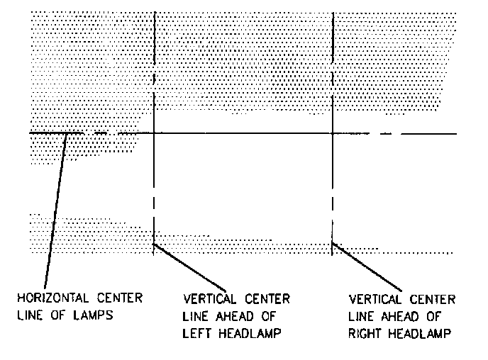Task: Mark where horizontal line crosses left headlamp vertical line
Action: [x=154, y=133]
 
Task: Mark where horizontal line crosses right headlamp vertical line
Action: [x=333, y=133]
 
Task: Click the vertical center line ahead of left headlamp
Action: [x=154, y=71]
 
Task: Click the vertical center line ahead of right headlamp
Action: [x=333, y=71]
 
